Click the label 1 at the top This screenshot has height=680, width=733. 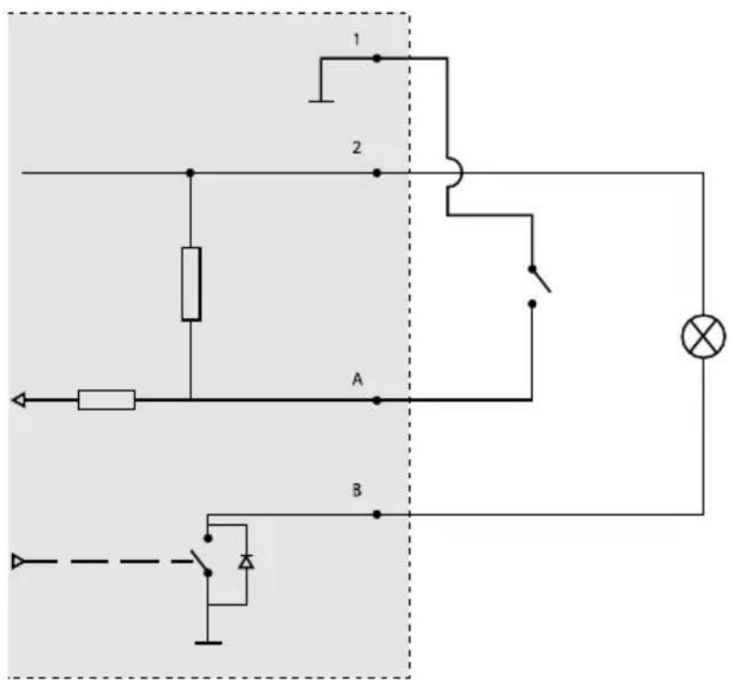tap(356, 40)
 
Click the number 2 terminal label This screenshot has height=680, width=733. tap(356, 148)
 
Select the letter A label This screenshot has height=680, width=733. tap(357, 380)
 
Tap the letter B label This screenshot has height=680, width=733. tap(356, 490)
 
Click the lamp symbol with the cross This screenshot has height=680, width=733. tap(704, 336)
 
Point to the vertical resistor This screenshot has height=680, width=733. tap(191, 284)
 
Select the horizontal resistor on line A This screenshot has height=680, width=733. tap(107, 400)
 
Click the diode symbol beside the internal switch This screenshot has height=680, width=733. tap(246, 561)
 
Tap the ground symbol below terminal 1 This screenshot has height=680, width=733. tap(321, 101)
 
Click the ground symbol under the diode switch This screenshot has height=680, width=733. tap(208, 643)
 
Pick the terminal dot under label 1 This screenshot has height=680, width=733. tap(377, 59)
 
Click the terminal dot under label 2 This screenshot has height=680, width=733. tap(377, 173)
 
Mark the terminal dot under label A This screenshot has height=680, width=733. tap(377, 401)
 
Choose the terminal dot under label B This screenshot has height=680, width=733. tap(377, 515)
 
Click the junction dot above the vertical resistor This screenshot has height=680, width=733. tap(190, 173)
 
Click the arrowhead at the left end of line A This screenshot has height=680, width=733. tap(18, 401)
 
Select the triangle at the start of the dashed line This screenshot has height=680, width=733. tap(18, 561)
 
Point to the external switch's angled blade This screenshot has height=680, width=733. tap(541, 280)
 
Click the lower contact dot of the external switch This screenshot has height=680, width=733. tap(532, 304)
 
